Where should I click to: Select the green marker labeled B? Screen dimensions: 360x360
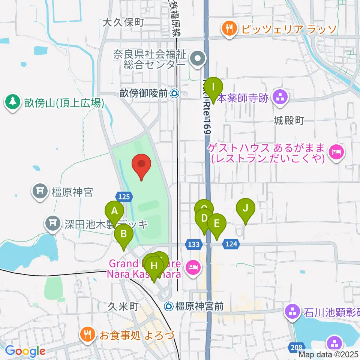124,236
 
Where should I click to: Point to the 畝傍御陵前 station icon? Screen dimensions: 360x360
174,93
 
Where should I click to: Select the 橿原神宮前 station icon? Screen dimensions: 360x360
169,306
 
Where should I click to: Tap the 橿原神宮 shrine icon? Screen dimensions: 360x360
40,192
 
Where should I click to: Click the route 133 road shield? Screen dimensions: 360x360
193,244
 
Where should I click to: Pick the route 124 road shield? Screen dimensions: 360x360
231,244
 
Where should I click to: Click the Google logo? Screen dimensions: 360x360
25,351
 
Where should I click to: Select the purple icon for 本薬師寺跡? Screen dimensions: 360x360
279,97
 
